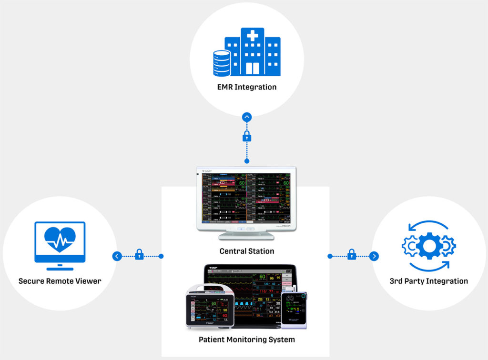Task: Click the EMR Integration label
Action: (246, 87)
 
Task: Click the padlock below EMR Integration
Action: (246, 137)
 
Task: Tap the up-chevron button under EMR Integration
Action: (246, 117)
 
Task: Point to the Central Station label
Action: (246, 251)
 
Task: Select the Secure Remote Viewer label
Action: (60, 281)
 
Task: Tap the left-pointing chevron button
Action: (117, 256)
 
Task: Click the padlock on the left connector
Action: (139, 255)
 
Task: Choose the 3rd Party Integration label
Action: (428, 281)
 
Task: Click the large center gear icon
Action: (428, 245)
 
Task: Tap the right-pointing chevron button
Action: (375, 256)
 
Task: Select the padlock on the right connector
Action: (352, 255)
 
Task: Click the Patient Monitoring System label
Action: (246, 340)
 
